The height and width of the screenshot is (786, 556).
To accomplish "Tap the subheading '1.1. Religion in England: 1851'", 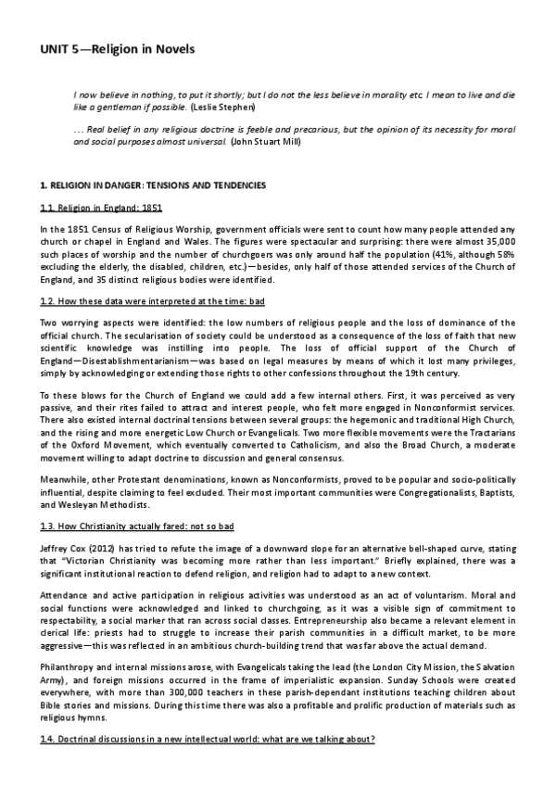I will [x=89, y=208].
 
